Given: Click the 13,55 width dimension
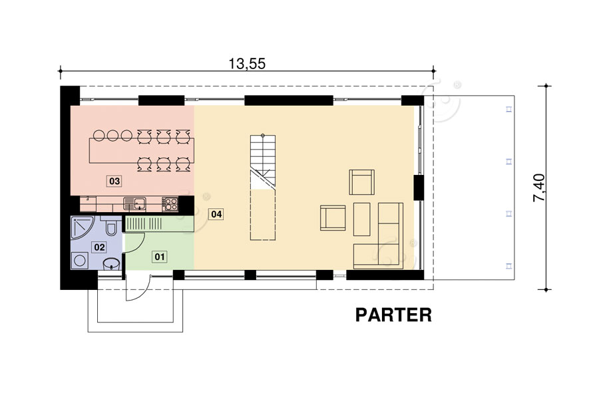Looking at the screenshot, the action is click(x=247, y=63).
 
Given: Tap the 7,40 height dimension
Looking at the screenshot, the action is click(x=539, y=188).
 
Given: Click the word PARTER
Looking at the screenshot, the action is click(x=393, y=315).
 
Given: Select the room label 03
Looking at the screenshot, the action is click(x=114, y=181).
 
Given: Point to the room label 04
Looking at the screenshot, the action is click(x=216, y=214).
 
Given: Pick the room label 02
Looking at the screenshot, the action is click(x=99, y=247).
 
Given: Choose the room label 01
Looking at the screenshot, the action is click(x=159, y=257).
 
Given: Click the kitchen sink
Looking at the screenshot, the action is click(x=134, y=203).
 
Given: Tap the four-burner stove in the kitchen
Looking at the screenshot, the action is click(x=170, y=203).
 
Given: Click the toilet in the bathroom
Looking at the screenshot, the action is click(x=111, y=226).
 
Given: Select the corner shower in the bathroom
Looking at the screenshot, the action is click(x=83, y=227).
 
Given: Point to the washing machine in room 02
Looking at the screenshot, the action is click(x=80, y=261).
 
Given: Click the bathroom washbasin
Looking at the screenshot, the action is click(x=111, y=263).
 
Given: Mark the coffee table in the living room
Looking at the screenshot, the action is click(x=362, y=219).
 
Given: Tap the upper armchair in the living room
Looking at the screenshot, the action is click(x=362, y=182).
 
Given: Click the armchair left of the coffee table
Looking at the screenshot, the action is click(x=333, y=218).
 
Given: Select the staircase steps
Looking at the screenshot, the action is click(x=263, y=160).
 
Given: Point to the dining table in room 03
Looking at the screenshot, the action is click(x=141, y=150).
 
